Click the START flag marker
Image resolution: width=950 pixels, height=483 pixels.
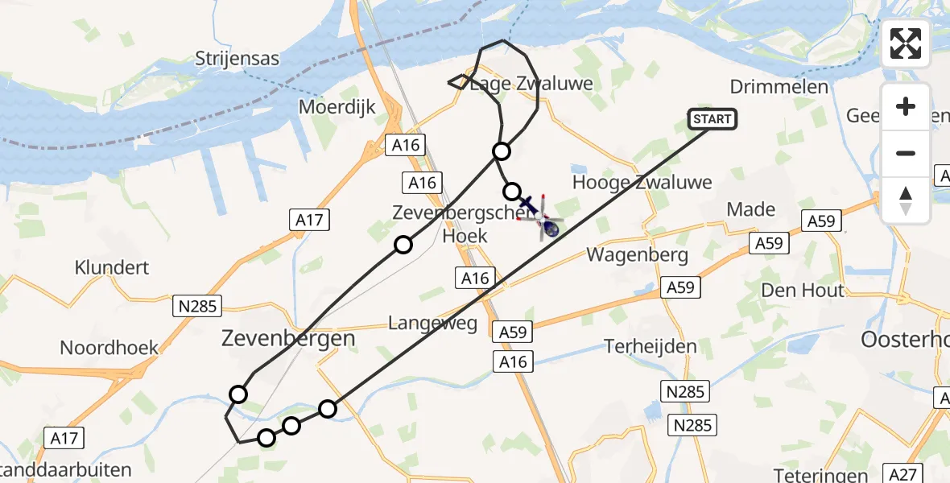coord(712,119)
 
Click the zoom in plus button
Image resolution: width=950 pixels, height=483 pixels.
coord(906,106)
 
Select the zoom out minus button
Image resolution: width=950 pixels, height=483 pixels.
coord(906,153)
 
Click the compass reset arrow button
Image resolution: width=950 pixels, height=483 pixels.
coord(906,200)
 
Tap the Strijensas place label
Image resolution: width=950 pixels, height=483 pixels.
coord(237,59)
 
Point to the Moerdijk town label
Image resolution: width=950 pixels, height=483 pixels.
coord(337,107)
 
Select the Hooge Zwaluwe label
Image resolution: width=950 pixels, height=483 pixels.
coord(642,183)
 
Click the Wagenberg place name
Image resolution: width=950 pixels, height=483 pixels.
coord(637,255)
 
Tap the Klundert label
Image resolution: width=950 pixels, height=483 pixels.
coord(112,267)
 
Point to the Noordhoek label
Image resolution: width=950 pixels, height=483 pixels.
coord(109,348)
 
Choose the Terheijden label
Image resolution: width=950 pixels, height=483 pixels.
coord(651,346)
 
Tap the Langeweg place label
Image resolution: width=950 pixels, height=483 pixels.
coord(432,324)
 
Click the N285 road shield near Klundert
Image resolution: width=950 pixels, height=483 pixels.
coord(196,306)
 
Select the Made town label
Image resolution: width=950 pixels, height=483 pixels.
coord(750,210)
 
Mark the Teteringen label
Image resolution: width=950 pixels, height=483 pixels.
coord(821,475)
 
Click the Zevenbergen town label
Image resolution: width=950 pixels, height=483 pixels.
coord(287,339)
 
